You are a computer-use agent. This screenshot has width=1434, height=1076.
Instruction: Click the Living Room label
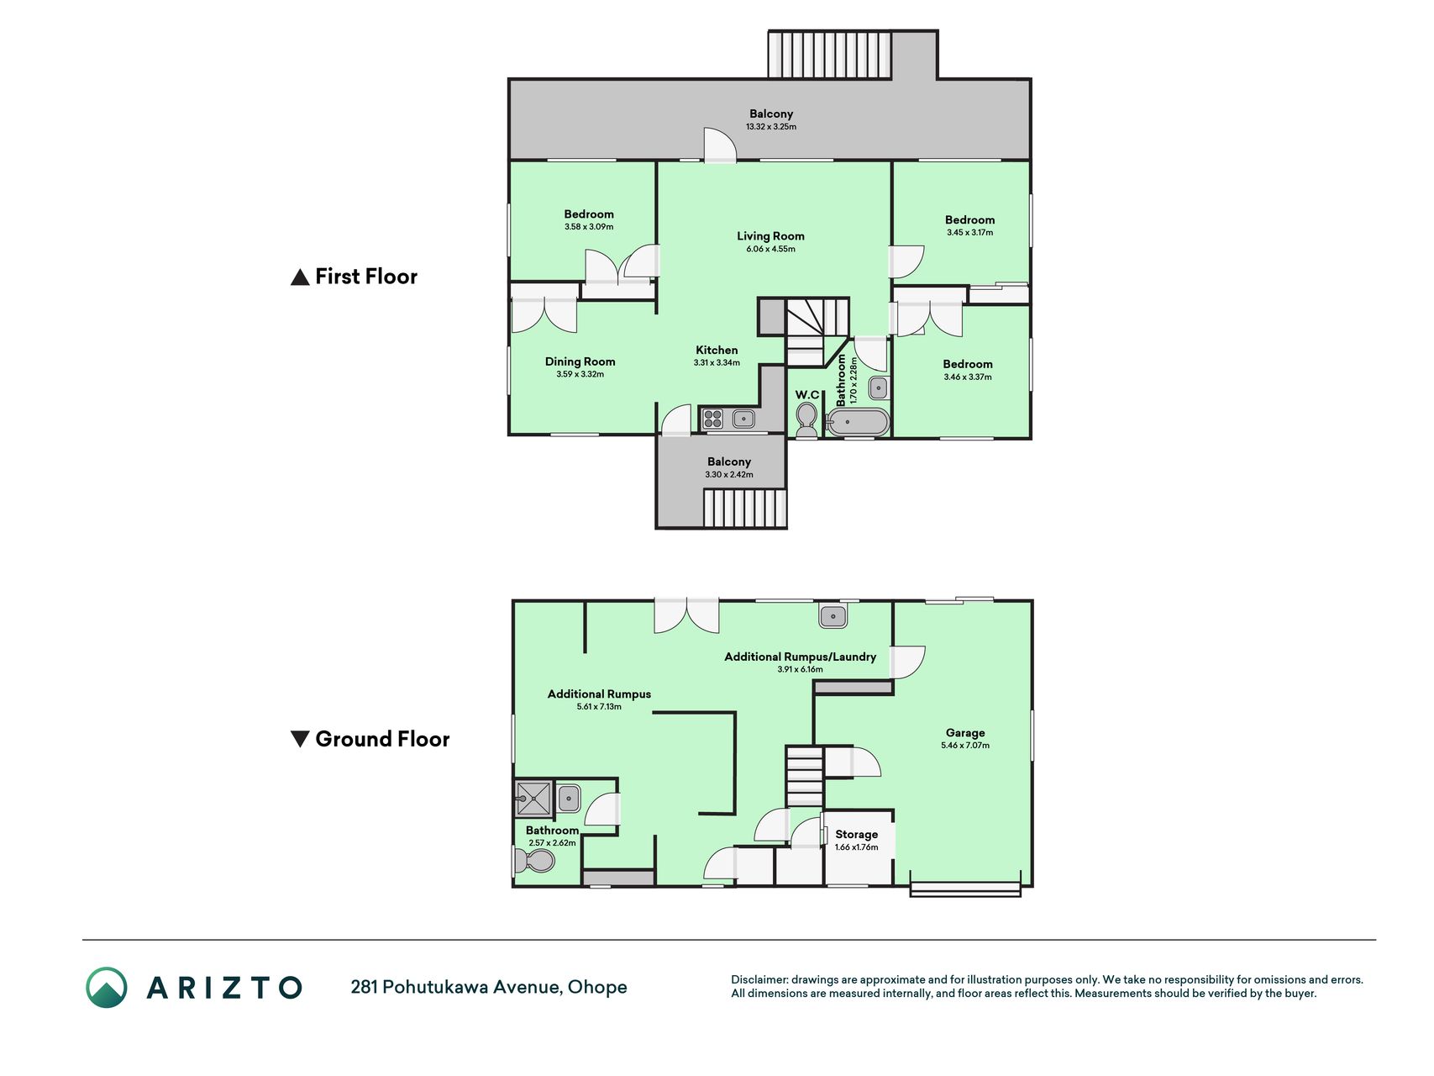click(x=770, y=236)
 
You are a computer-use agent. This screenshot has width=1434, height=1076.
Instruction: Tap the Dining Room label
click(x=580, y=361)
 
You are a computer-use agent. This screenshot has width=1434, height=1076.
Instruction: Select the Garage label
click(x=965, y=732)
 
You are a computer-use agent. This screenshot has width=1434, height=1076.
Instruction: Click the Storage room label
click(x=856, y=834)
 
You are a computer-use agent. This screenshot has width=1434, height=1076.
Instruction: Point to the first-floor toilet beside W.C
click(x=806, y=418)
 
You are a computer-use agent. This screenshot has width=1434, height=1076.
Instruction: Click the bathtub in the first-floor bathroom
click(x=858, y=422)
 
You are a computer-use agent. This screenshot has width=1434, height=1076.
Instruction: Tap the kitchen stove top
click(x=713, y=418)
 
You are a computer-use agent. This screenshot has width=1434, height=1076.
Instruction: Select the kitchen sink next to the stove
click(x=743, y=418)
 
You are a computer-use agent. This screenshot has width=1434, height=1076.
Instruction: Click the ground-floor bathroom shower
click(x=533, y=798)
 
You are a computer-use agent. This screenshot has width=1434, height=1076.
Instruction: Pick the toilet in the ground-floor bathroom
click(x=534, y=862)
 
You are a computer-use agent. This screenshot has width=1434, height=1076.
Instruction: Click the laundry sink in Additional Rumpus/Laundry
click(x=833, y=616)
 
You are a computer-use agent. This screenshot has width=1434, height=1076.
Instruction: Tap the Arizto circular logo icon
click(x=107, y=987)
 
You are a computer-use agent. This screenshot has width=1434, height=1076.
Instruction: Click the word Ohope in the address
click(x=597, y=987)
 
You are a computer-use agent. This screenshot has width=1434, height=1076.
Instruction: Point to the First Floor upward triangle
click(x=300, y=277)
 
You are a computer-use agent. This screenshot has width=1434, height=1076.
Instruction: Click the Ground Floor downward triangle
click(x=300, y=739)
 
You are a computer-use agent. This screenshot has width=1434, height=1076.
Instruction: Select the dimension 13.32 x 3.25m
click(x=771, y=127)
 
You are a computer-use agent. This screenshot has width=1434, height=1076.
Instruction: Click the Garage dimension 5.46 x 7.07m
click(x=965, y=746)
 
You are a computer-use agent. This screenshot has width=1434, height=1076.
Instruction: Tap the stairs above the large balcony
click(x=829, y=55)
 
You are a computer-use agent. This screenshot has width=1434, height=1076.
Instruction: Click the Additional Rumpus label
click(x=599, y=694)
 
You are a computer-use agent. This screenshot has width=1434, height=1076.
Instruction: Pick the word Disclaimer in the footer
click(x=760, y=979)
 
